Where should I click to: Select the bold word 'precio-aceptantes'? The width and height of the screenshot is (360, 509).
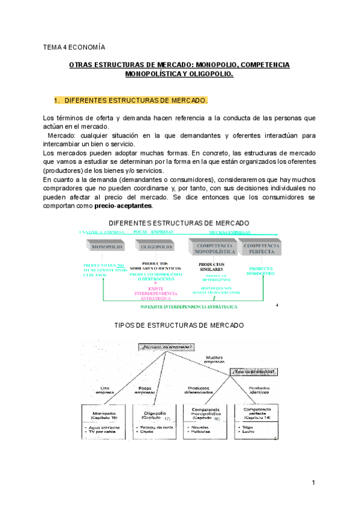[x=123, y=206]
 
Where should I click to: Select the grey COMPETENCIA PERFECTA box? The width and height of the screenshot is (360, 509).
[x=261, y=247]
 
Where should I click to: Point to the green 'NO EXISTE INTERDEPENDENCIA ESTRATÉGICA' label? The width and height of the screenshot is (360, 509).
[x=188, y=306]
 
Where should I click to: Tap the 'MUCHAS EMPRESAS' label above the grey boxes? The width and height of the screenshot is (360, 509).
[x=230, y=233]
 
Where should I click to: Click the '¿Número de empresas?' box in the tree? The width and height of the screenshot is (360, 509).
[x=167, y=348]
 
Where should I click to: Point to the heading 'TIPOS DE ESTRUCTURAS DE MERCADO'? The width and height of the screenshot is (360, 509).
[x=179, y=325]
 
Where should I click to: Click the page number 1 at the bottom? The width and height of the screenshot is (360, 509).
[x=313, y=483]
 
